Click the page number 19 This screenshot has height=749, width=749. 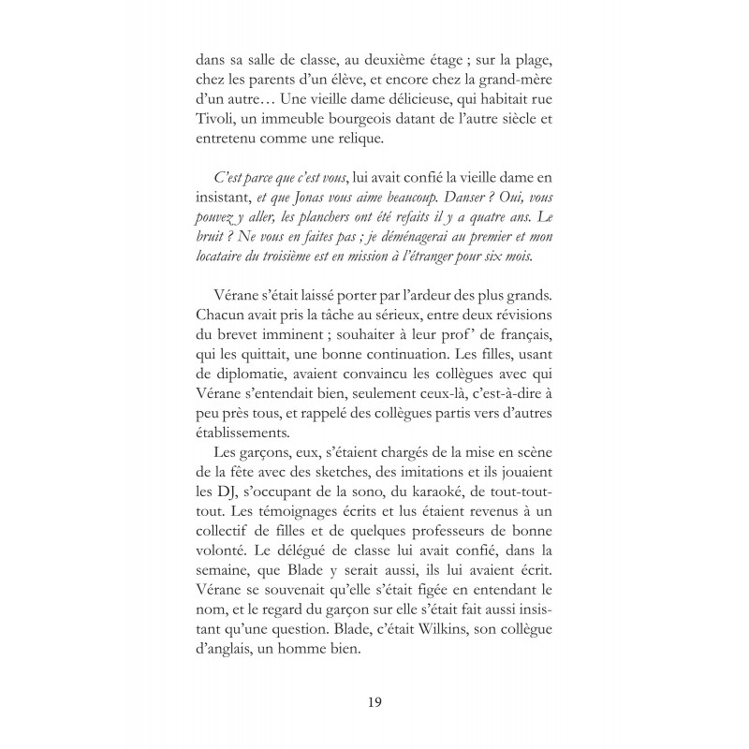pyautogui.click(x=374, y=701)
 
